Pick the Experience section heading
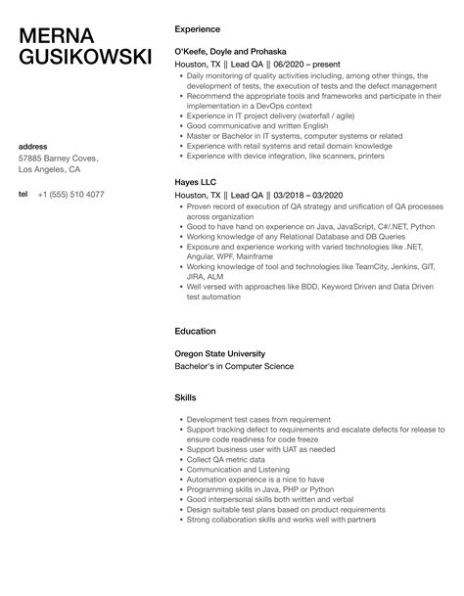click(x=197, y=30)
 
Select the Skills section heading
click(x=185, y=399)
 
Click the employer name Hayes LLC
click(x=196, y=182)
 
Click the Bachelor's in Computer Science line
click(x=233, y=366)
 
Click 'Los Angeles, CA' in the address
click(x=53, y=169)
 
